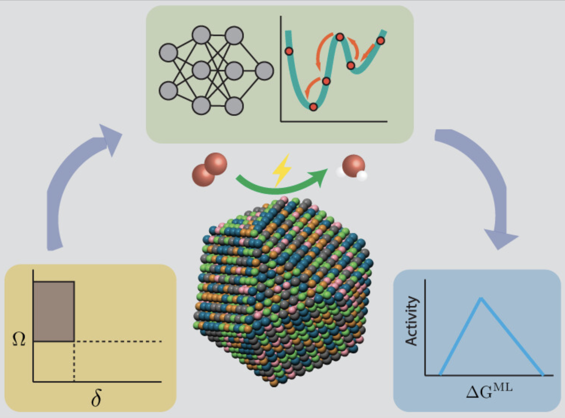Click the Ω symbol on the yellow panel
coord(19,339)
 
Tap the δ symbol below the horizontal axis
coord(96,398)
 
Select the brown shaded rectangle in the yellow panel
coord(54,311)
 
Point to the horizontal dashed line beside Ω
coord(118,341)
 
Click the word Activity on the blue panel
coord(412,321)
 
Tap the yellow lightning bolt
coord(282,170)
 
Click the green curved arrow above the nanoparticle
coord(280,185)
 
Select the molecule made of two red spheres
coord(210,170)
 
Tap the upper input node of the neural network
coord(168,53)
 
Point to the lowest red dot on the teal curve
coord(313,107)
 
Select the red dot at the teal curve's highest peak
coord(340,37)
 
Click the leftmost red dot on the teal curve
coord(289,51)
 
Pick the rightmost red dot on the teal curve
coord(380,41)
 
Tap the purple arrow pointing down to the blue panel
coord(485,180)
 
